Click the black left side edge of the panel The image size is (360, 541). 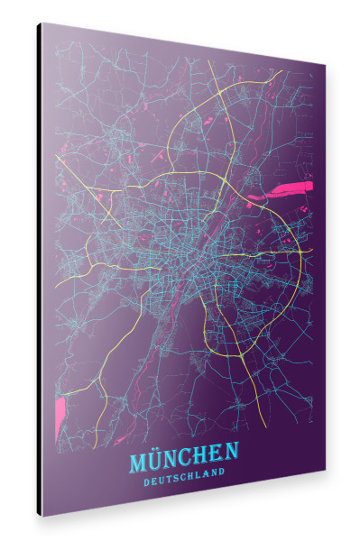point(39,270)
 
